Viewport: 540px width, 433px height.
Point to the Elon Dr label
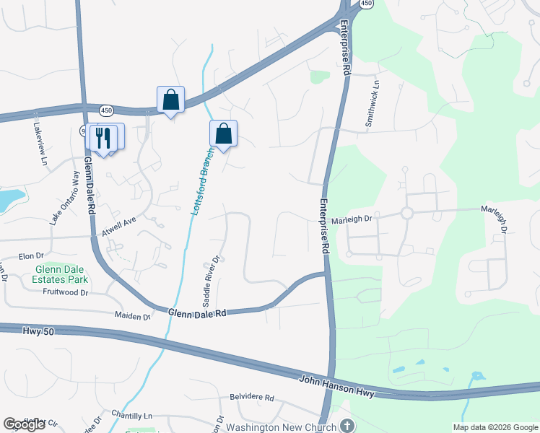click(x=31, y=256)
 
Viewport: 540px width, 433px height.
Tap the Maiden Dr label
click(x=131, y=315)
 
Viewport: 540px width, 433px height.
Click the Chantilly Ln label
click(x=133, y=416)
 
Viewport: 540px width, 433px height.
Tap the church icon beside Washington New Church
click(x=347, y=426)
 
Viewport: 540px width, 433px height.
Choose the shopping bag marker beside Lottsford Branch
click(x=224, y=134)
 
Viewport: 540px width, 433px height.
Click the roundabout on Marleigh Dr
click(x=406, y=213)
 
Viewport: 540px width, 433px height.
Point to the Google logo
click(x=25, y=424)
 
